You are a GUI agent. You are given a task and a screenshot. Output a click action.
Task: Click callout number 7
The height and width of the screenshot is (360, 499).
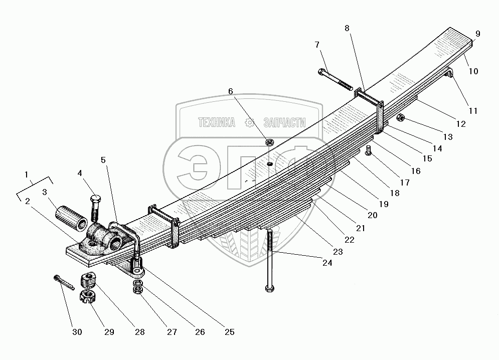click(x=317, y=45)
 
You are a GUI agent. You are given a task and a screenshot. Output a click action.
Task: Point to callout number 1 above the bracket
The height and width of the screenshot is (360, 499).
click(x=26, y=174)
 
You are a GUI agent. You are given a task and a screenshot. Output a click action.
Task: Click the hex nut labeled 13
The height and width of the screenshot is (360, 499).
click(x=401, y=118)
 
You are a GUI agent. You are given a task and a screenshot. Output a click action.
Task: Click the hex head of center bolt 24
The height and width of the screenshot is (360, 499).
click(x=269, y=288)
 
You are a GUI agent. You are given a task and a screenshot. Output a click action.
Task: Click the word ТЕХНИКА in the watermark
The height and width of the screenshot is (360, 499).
click(x=217, y=122)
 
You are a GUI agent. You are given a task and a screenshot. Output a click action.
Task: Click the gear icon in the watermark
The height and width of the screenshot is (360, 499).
click(x=249, y=122)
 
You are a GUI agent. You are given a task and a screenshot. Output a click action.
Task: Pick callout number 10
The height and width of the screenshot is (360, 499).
click(x=474, y=71)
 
